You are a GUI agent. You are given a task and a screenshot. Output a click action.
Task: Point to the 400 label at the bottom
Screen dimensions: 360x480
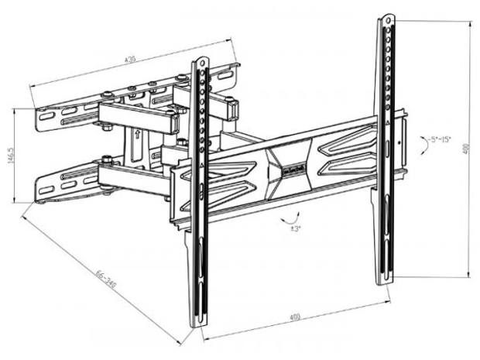point(295,317)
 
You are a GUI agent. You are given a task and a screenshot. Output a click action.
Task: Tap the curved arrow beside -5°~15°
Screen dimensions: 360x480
point(421,145)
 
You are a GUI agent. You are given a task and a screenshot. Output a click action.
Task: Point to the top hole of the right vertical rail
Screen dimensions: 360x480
point(385,18)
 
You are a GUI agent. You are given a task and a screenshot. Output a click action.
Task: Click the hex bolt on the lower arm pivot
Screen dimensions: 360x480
point(105,161)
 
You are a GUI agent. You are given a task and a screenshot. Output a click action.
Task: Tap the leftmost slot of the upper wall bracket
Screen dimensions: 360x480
point(46,118)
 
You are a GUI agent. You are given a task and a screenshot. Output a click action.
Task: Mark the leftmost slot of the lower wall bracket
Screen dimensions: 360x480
point(46,186)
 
